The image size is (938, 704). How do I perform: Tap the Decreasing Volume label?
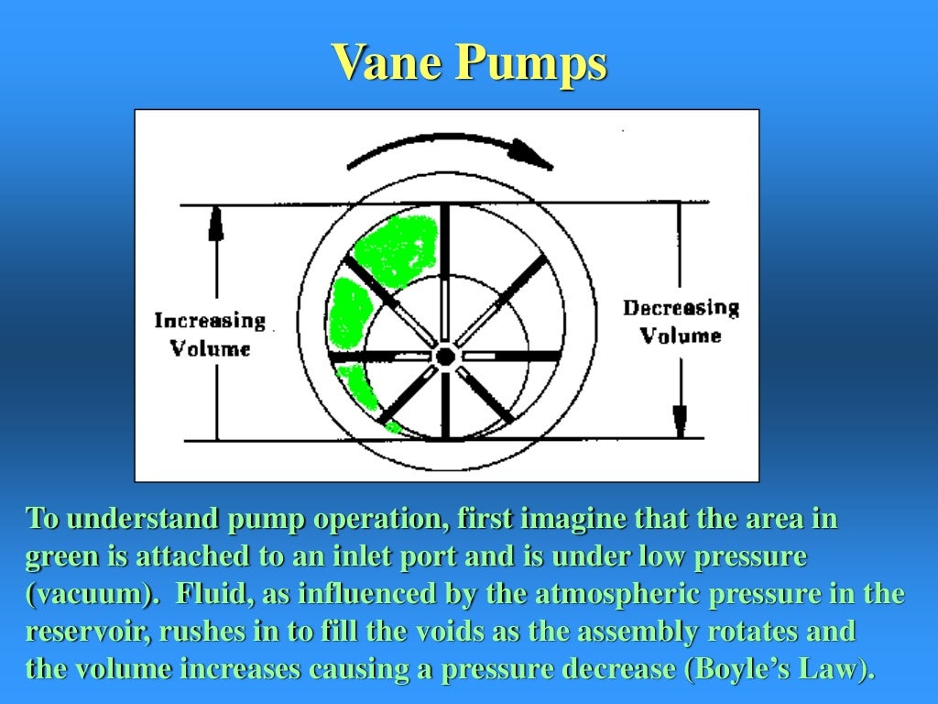pyautogui.click(x=681, y=322)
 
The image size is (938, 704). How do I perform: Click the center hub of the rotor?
pyautogui.click(x=445, y=356)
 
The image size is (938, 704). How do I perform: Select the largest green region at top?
pyautogui.click(x=397, y=248)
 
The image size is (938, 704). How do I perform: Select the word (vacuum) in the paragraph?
pyautogui.click(x=87, y=594)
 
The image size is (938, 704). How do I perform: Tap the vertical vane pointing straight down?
pyautogui.click(x=445, y=403)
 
